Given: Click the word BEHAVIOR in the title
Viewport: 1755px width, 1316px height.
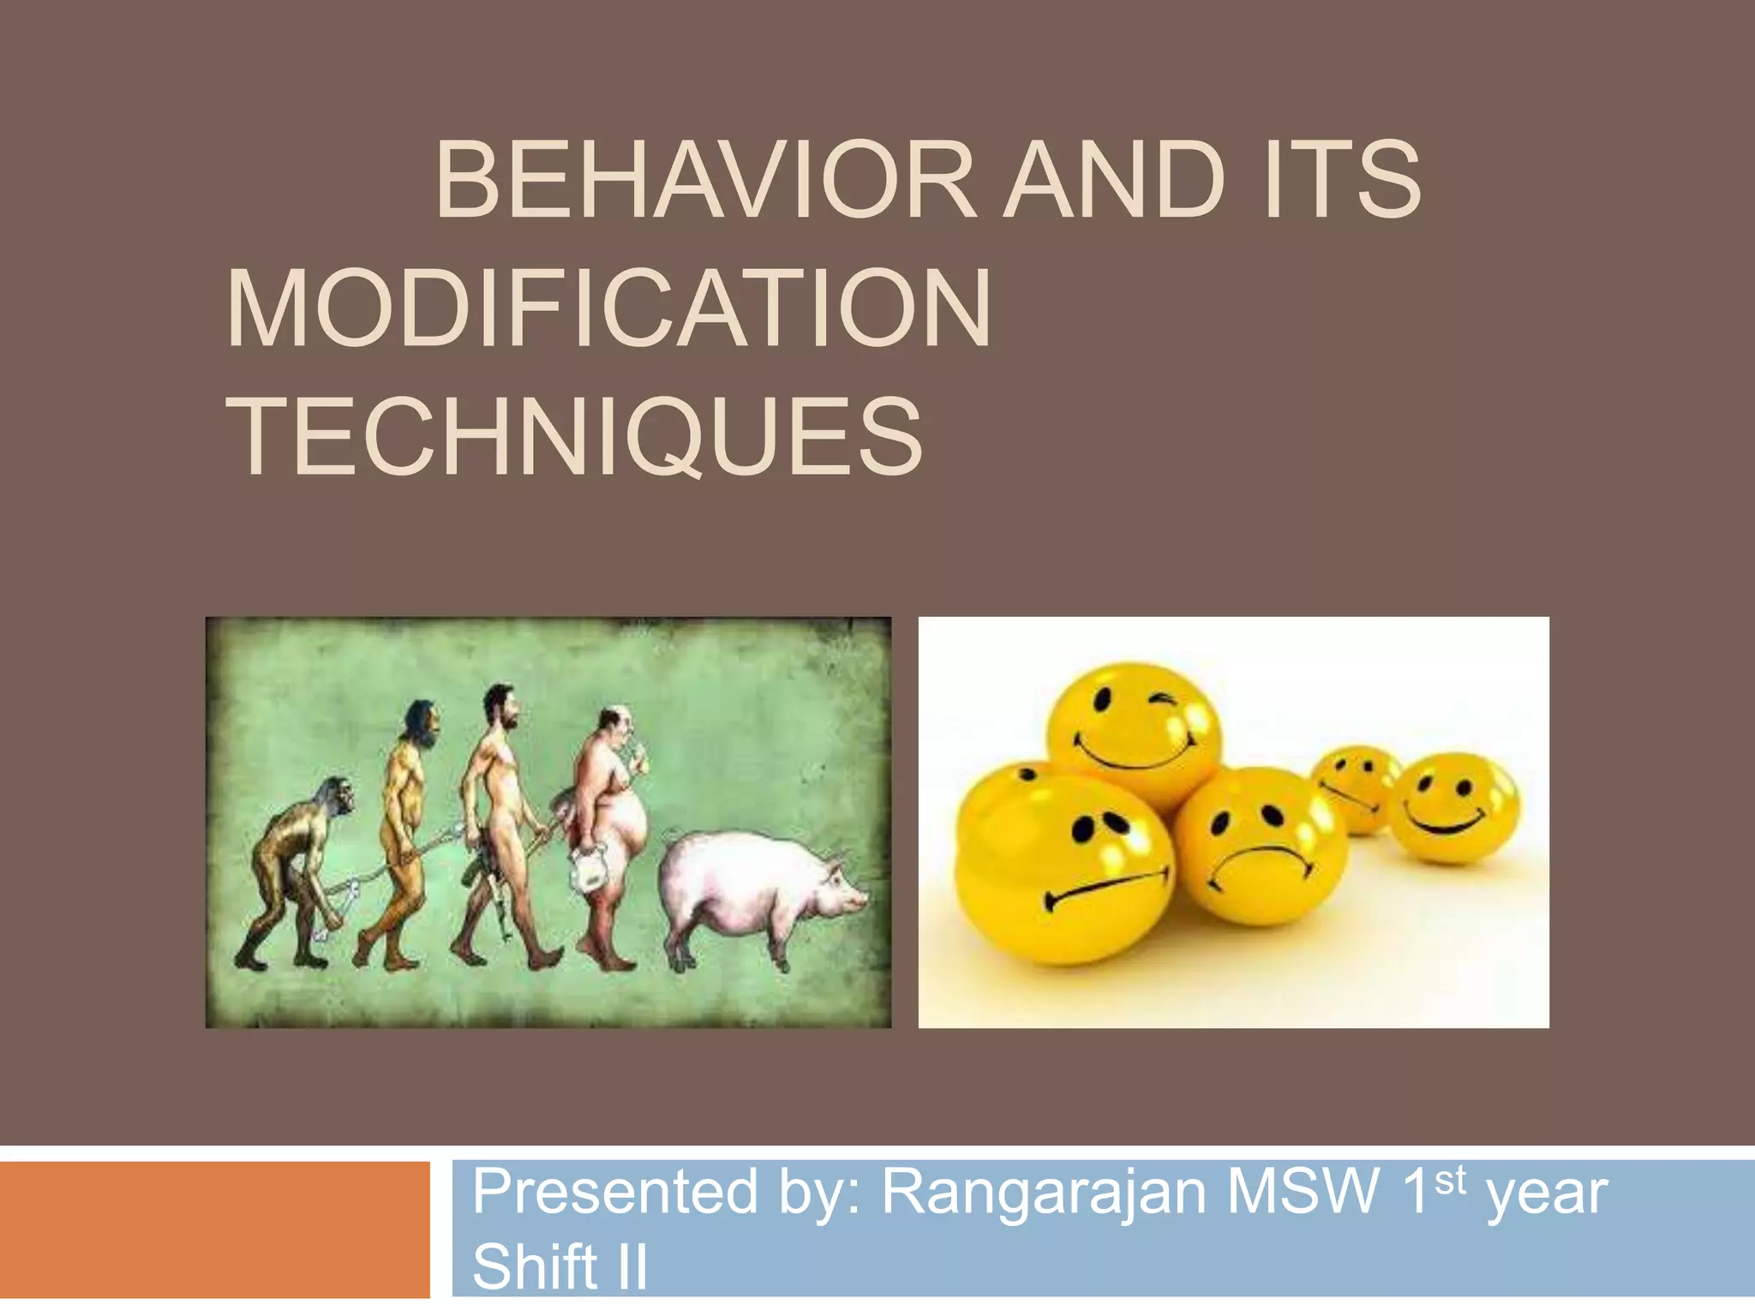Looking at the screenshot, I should pos(704,181).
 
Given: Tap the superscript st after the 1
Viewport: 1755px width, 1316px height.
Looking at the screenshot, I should pos(1450,1181).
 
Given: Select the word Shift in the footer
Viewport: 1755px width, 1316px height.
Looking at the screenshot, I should pos(535,1266).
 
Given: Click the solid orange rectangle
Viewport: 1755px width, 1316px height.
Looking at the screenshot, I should pos(214,1229).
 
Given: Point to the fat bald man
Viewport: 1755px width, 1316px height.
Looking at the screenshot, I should pos(610,822).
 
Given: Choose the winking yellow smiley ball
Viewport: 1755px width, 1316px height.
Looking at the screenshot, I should pos(1133,728).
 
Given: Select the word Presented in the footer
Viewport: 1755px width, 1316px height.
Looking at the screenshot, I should pos(615,1192).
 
